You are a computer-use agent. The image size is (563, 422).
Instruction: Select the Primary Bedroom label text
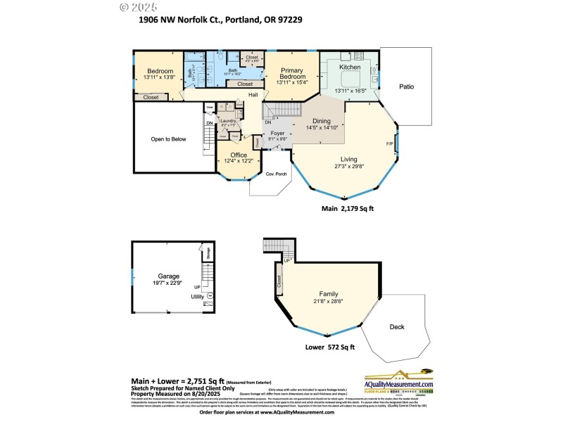(x=291, y=74)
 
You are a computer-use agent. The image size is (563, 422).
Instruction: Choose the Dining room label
(x=322, y=121)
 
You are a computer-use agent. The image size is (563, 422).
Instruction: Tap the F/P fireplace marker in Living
(x=389, y=144)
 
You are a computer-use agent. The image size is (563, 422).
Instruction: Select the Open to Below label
(x=169, y=139)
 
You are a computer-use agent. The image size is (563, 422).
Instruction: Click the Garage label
(x=168, y=276)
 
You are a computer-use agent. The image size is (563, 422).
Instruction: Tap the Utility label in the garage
(x=197, y=297)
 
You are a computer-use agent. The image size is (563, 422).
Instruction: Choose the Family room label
(x=329, y=294)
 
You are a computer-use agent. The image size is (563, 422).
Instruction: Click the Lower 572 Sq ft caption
(x=330, y=347)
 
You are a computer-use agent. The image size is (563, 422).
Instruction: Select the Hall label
(x=253, y=95)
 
